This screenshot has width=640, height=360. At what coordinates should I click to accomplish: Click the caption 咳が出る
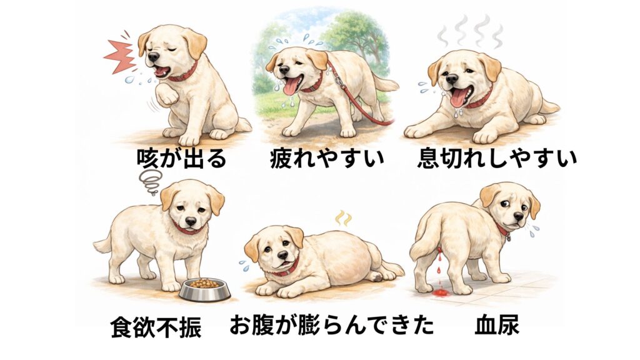182,158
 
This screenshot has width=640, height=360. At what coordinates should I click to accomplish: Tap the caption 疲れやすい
327,158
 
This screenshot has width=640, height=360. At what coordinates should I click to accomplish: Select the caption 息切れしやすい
497,158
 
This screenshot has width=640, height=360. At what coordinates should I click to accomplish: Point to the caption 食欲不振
156,326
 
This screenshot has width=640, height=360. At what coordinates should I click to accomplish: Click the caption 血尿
497,325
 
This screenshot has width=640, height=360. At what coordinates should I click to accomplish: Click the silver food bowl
204,289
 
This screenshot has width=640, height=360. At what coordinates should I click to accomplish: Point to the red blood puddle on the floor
441,292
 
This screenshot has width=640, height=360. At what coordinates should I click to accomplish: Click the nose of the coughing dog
153,57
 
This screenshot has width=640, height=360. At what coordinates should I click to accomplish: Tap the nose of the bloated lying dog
282,256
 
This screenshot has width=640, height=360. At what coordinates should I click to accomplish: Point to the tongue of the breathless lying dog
459,98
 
